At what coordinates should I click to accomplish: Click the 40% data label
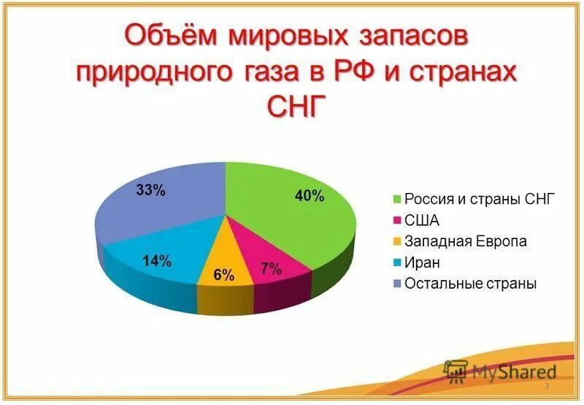point(309,196)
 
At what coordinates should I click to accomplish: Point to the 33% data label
point(151,191)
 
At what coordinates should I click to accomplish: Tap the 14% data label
point(156,261)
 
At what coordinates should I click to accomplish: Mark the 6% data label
point(223,276)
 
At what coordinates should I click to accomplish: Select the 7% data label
point(271,268)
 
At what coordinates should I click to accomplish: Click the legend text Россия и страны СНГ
point(480,198)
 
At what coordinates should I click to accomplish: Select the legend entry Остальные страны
point(471,283)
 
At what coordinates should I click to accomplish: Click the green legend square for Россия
point(397,199)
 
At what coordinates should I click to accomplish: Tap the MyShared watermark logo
point(499,373)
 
